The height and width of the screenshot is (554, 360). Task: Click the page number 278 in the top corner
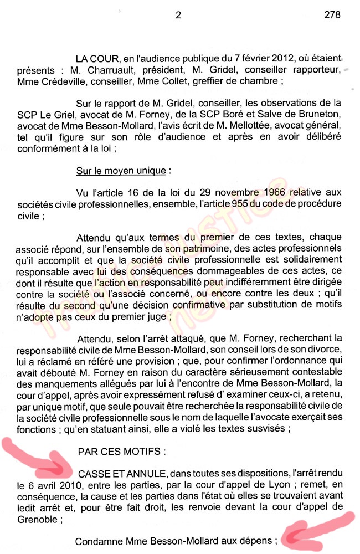(x=332, y=15)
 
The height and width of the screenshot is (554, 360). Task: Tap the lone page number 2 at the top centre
(x=178, y=15)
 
